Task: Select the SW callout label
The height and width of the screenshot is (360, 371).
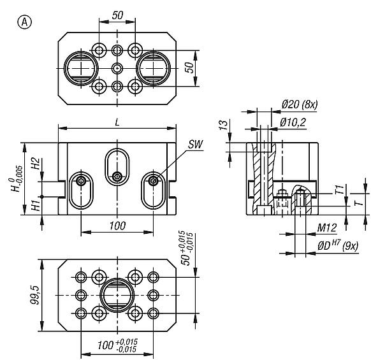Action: tap(196, 145)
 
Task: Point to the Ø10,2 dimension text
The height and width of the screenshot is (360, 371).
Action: tap(294, 121)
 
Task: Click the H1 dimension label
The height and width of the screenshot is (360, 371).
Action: tap(36, 205)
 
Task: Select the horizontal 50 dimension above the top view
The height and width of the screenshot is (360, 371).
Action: tap(117, 14)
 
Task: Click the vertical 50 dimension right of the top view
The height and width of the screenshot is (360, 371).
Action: tap(189, 68)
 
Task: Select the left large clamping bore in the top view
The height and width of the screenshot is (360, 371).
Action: tap(81, 67)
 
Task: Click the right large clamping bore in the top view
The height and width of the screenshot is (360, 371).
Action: tap(152, 67)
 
